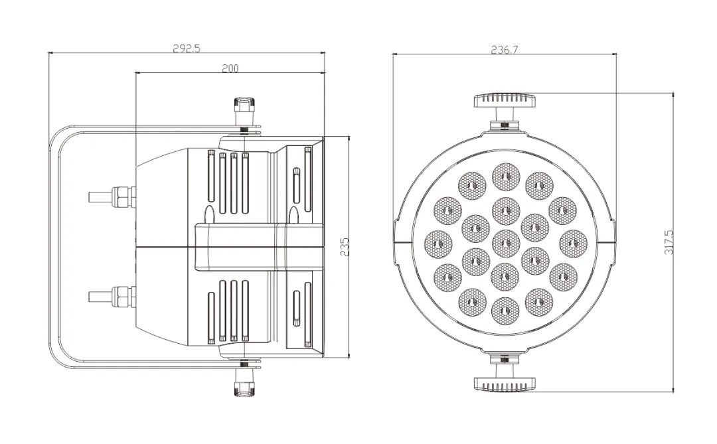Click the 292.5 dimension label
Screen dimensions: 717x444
point(187,48)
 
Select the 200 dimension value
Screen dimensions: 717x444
point(230,68)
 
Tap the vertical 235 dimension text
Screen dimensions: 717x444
point(345,246)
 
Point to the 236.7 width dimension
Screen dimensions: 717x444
point(505,49)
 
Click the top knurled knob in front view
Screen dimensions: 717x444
point(505,100)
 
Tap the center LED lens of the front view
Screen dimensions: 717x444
point(505,243)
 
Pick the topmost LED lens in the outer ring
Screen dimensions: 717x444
point(505,176)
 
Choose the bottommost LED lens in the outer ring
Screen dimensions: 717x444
point(505,311)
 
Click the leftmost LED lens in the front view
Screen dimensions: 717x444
point(439,243)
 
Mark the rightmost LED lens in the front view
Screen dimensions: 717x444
point(573,243)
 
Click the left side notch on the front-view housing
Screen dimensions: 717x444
point(395,242)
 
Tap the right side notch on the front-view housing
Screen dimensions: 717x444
point(613,242)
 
